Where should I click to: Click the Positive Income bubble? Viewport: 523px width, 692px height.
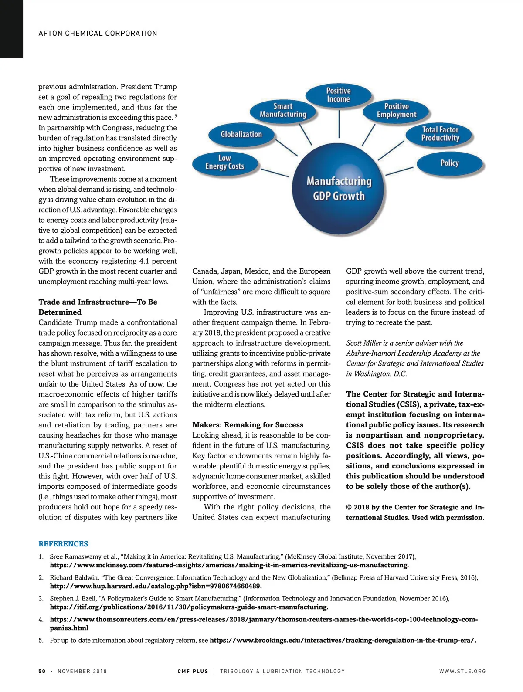338,95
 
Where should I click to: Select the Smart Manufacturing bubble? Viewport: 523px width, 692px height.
283,110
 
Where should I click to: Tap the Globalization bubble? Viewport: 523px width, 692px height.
241,134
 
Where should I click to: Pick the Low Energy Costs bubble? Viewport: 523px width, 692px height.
224,162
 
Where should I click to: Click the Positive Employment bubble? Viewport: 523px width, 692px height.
396,110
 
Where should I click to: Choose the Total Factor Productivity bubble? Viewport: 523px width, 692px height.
440,134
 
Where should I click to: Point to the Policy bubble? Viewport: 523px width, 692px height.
449,163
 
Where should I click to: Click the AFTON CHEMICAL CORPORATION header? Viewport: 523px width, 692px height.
98,34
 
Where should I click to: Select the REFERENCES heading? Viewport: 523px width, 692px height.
63,544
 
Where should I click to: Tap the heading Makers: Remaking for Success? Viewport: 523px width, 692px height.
248,425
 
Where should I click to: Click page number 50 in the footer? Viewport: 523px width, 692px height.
42,671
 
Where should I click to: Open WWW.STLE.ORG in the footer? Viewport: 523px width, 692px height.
462,671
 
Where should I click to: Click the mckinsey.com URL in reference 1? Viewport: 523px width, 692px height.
229,565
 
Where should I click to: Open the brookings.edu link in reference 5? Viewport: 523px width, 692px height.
343,640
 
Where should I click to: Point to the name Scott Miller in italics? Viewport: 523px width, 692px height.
363,343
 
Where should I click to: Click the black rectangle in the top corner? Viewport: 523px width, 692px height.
11,29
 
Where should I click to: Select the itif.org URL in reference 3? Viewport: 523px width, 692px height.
189,607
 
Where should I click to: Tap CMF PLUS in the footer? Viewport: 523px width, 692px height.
193,671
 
